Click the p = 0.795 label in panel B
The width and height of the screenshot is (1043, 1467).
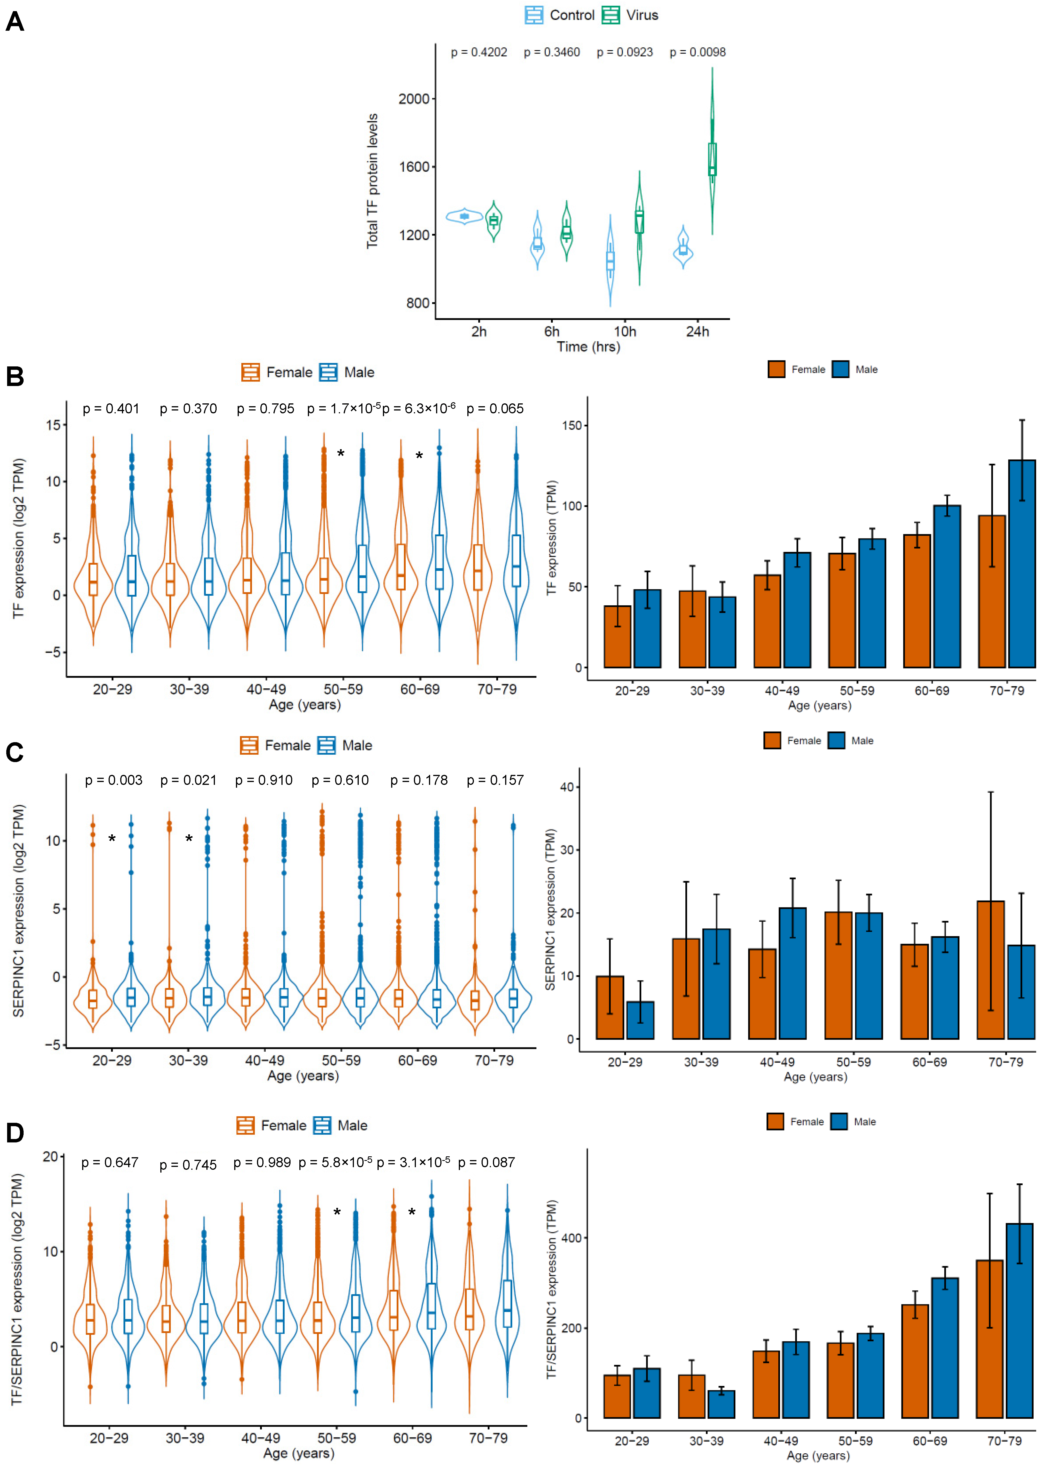tap(265, 409)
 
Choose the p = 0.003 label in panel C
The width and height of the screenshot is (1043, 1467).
tap(114, 780)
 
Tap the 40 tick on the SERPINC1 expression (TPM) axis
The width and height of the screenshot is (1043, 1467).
tap(567, 787)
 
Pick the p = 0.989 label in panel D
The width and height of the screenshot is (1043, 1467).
tap(262, 1162)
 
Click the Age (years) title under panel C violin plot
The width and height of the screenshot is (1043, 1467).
tap(303, 1076)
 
